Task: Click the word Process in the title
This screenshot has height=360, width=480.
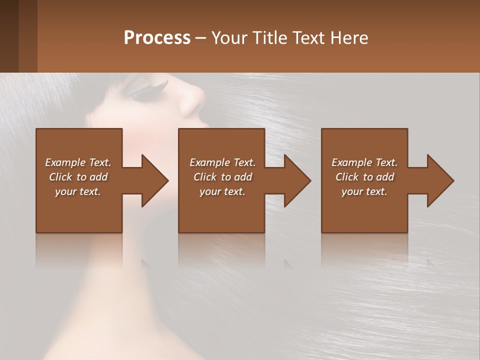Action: (x=157, y=37)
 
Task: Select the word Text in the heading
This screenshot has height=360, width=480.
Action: (x=308, y=37)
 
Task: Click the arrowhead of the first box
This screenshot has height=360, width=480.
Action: (x=154, y=180)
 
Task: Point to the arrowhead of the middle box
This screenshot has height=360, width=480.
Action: (x=297, y=180)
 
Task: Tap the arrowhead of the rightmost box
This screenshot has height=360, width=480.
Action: (x=440, y=180)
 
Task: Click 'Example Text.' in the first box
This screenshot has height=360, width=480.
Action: (x=78, y=162)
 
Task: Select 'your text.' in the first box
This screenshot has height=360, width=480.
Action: (x=78, y=191)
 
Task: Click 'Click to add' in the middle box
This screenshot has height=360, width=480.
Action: (x=222, y=177)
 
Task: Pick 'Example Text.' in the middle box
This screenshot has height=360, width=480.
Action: (x=222, y=162)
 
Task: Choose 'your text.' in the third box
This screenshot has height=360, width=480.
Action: (x=364, y=191)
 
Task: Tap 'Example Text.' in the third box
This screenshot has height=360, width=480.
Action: (x=364, y=162)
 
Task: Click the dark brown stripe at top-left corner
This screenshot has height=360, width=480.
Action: (x=9, y=36)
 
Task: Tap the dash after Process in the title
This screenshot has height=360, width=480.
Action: (x=200, y=38)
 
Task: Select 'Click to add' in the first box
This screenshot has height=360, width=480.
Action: (x=78, y=177)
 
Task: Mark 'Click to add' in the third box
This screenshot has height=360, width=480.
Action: (x=364, y=177)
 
